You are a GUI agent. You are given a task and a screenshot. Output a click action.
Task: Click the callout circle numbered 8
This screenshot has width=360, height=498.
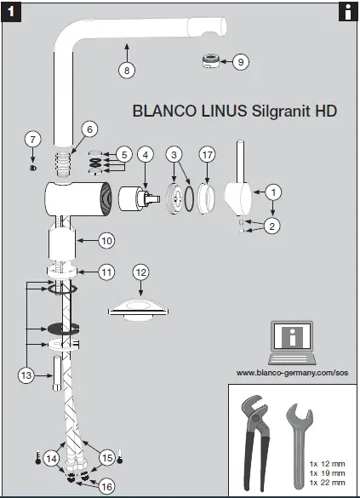(126, 71)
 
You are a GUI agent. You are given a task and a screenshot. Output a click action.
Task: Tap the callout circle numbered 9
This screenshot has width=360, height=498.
(240, 61)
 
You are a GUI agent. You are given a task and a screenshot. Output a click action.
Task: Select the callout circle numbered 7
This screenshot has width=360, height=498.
(32, 139)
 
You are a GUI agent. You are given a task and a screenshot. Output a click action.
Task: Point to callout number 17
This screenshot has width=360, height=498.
(207, 155)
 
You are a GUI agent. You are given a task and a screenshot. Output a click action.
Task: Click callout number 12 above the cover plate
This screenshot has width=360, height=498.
(141, 272)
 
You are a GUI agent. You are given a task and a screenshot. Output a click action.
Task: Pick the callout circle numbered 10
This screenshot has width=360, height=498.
(106, 241)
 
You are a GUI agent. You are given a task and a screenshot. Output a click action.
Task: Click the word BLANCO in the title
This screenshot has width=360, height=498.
(162, 111)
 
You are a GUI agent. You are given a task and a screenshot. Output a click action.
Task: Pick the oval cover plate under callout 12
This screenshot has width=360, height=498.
(141, 308)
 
